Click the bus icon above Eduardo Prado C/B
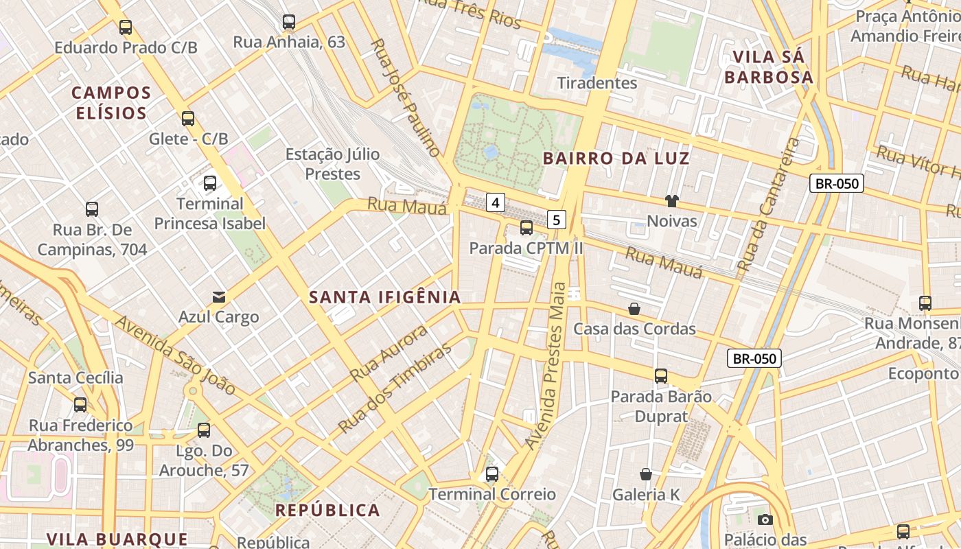coord(126,27)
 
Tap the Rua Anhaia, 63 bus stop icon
coord(289,22)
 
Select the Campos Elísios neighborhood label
coord(111,103)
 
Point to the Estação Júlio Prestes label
coord(332,163)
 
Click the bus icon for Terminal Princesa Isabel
coord(210,183)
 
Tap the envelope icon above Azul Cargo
coord(219,297)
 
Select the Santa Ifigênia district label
coord(384,297)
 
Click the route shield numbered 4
coord(496,202)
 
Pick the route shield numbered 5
coord(557,220)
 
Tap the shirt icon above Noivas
coord(671,201)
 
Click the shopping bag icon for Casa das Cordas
coord(634,309)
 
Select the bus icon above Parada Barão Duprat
coord(661,376)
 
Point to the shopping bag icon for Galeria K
coord(646,474)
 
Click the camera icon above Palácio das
coord(765,520)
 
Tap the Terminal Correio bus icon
coord(492,474)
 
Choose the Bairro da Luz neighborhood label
coord(616,159)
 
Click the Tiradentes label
coord(597,83)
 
